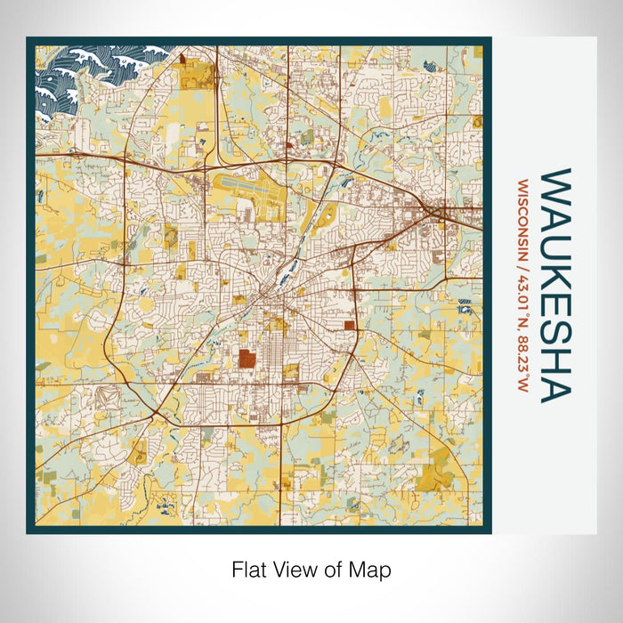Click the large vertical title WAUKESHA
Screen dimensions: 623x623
point(556,285)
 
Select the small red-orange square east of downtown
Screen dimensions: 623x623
point(349,326)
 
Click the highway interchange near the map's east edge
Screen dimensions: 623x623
point(438,211)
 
